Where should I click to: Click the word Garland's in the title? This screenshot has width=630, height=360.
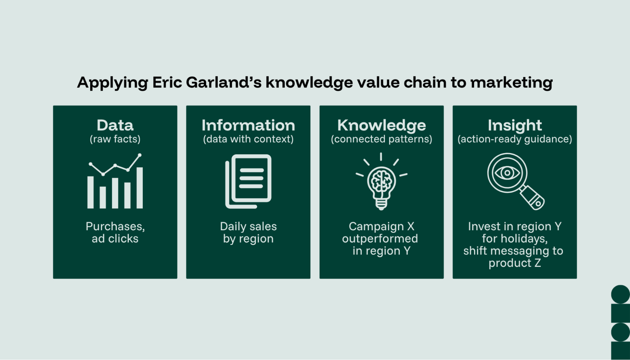tap(223, 83)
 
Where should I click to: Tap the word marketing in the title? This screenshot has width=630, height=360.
tap(511, 83)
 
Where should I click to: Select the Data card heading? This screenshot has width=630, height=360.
tap(115, 125)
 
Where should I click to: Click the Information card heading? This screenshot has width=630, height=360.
tap(248, 125)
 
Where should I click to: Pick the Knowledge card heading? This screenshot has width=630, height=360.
tap(381, 125)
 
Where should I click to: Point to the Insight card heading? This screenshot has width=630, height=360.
tap(515, 125)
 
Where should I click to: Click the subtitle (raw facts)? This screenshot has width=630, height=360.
tap(115, 139)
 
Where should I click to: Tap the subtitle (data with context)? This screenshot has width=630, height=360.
tap(248, 139)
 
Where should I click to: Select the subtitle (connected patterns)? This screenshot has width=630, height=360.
tap(381, 139)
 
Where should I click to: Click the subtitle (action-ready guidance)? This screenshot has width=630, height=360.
tap(515, 139)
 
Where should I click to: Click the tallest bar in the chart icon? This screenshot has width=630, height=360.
tap(140, 188)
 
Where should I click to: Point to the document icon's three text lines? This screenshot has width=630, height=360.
tap(251, 178)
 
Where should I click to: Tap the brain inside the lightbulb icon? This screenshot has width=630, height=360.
tap(381, 181)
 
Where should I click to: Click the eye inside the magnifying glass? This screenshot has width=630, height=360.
tap(507, 173)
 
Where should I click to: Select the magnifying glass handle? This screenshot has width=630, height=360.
tap(532, 197)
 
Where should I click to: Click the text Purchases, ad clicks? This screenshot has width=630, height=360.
tap(115, 232)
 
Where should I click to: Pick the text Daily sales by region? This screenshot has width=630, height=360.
tap(248, 232)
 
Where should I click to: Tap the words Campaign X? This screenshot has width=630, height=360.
tap(381, 226)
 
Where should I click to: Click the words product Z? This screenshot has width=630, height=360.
tap(515, 263)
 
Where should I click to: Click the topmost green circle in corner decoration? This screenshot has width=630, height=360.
tap(620, 294)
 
